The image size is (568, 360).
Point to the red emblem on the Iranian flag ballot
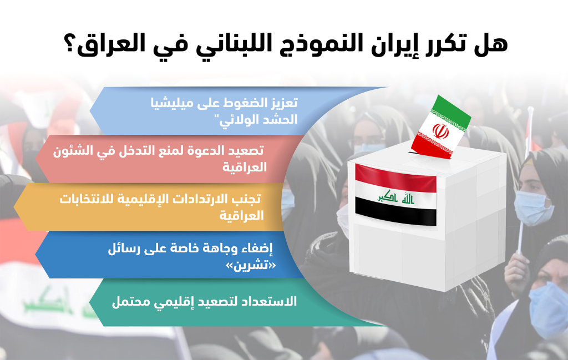pyautogui.click(x=440, y=131)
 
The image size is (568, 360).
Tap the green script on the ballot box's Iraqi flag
pyautogui.click(x=395, y=197)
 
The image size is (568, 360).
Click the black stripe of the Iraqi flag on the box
pyautogui.click(x=395, y=211)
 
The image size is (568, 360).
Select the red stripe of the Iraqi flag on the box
pyautogui.click(x=395, y=178)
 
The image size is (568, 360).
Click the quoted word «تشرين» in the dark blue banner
pyautogui.click(x=251, y=266)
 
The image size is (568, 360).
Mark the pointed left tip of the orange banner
pyautogui.click(x=14, y=207)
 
